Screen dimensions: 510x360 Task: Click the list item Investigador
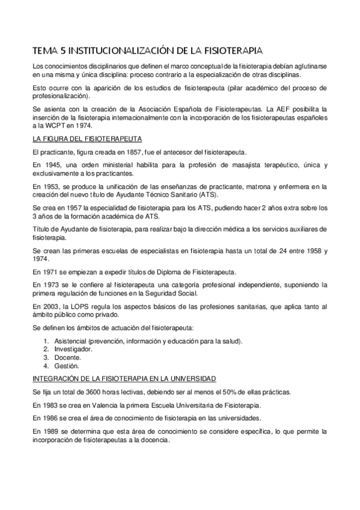73,349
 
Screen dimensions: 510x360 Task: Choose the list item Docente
67,357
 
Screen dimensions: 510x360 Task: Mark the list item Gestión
66,366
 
